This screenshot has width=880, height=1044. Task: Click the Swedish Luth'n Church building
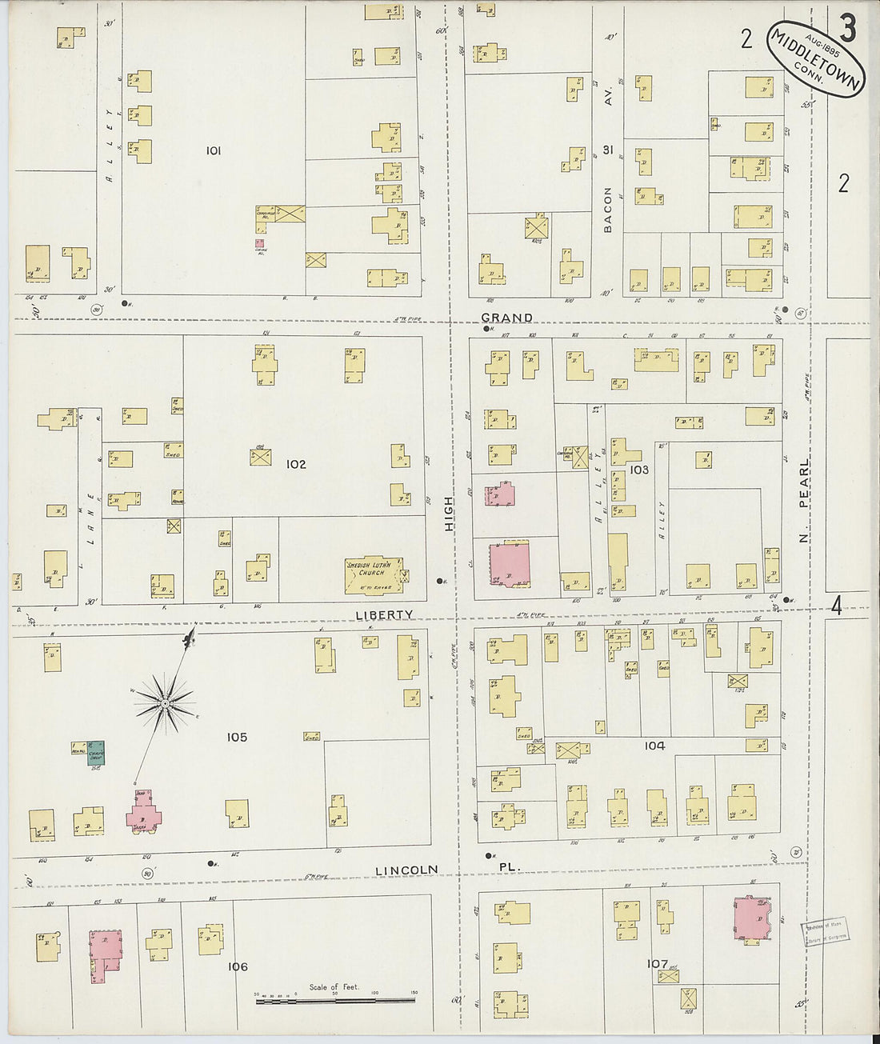(374, 575)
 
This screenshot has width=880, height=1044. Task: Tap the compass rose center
(164, 703)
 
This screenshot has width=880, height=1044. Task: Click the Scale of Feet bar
(334, 998)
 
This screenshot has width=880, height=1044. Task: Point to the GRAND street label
(506, 318)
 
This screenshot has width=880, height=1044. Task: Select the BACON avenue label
(608, 210)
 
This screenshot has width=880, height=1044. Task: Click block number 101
(213, 150)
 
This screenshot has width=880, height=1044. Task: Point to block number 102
(296, 464)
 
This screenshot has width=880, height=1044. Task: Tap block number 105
(237, 737)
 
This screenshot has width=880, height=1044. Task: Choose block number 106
(238, 966)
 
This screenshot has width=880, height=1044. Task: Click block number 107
(657, 963)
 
